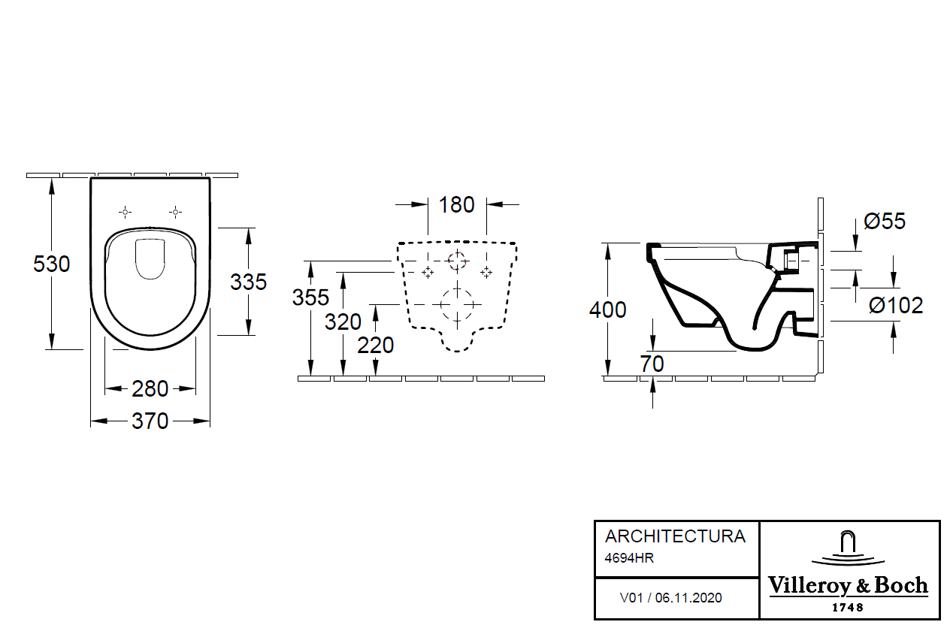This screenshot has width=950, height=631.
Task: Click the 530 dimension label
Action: click(x=52, y=264)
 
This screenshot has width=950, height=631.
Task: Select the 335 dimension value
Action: click(x=249, y=282)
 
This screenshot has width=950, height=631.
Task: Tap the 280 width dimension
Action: click(x=150, y=389)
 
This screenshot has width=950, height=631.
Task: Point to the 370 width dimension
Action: click(x=150, y=422)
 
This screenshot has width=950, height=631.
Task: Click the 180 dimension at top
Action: click(x=457, y=204)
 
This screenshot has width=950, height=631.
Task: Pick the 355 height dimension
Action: click(x=310, y=297)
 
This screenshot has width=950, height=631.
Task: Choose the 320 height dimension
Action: click(x=343, y=322)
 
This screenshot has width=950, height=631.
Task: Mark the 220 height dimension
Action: click(x=376, y=346)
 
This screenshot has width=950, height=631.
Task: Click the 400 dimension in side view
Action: click(x=607, y=309)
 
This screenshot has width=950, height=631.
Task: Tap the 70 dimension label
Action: click(x=652, y=364)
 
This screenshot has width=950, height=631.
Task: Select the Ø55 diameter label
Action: click(x=885, y=222)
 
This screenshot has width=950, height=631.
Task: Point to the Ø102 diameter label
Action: click(x=896, y=306)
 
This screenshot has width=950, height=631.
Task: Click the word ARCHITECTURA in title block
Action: click(x=675, y=536)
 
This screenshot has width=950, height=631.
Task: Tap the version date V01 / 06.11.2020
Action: click(x=670, y=598)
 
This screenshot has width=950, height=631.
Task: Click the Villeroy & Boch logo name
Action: click(x=848, y=586)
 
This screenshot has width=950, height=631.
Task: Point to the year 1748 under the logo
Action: click(x=848, y=607)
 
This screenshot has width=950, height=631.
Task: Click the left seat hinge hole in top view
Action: click(x=126, y=212)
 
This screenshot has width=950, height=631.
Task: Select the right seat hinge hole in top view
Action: click(x=175, y=212)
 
